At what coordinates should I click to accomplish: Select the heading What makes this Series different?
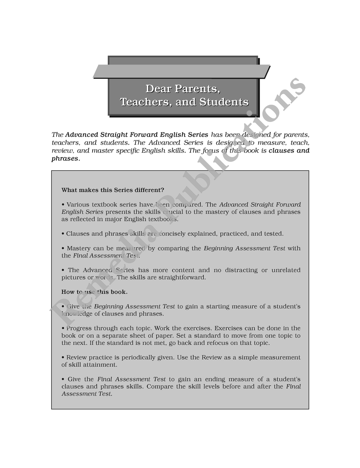pos(113,190)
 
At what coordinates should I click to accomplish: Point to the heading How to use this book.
pos(94,292)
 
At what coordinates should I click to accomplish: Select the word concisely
pos(176,234)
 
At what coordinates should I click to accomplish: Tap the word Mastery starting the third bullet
pos(79,248)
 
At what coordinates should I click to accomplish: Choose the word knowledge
pos(77,314)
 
